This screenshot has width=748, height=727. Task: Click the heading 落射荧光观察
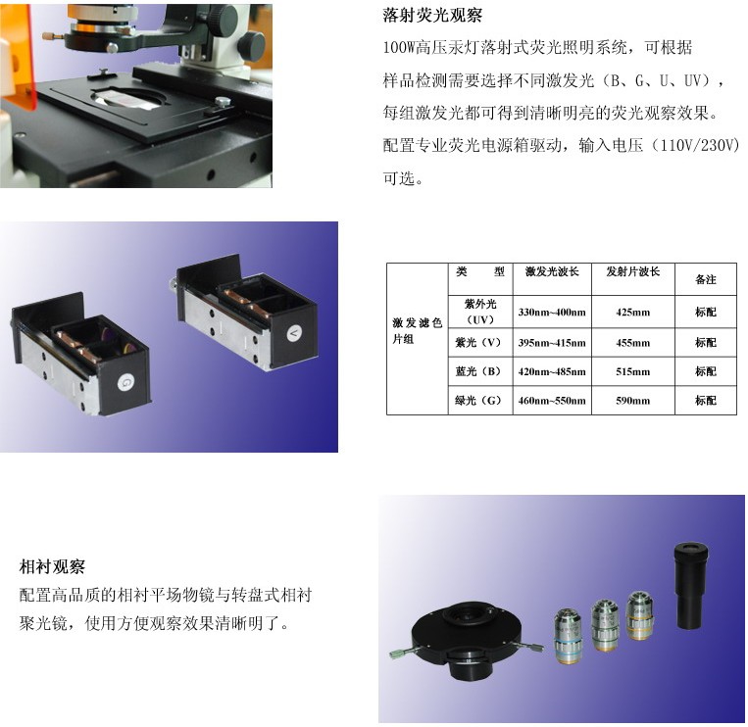tap(432, 16)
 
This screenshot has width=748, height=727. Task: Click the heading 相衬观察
tap(52, 566)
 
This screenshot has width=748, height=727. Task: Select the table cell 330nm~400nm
tap(552, 313)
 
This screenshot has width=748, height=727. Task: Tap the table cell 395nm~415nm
tap(552, 343)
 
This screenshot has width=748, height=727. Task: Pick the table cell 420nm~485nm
tap(552, 372)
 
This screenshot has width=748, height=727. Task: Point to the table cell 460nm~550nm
tap(552, 401)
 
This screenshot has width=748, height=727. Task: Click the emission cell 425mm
tap(632, 313)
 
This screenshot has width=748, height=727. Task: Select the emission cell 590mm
tap(632, 401)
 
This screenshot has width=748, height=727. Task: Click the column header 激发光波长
tap(552, 271)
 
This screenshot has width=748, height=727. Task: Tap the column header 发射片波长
tap(632, 271)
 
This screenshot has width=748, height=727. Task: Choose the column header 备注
tap(706, 279)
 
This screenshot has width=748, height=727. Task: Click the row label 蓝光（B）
tap(479, 372)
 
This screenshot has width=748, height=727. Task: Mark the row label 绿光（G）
tap(479, 401)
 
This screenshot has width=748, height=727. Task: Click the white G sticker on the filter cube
tap(125, 382)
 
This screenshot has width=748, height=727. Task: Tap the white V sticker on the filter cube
tap(294, 333)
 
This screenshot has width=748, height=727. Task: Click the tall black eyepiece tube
tap(691, 585)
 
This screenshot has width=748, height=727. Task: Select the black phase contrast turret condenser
tap(465, 639)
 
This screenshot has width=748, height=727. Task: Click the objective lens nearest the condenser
tap(569, 636)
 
